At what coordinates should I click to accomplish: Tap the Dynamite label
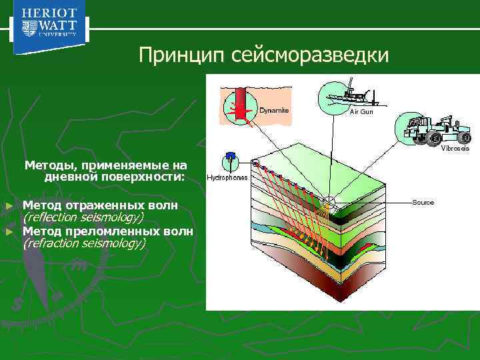[273, 110]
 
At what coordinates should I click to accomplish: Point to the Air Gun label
[361, 111]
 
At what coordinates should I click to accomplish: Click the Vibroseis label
[455, 148]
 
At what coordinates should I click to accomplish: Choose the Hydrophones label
[227, 178]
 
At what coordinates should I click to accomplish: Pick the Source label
[423, 202]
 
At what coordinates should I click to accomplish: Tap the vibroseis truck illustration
[434, 129]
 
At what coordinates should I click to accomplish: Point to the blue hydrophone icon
[229, 159]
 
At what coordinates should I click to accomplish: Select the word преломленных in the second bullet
[108, 231]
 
